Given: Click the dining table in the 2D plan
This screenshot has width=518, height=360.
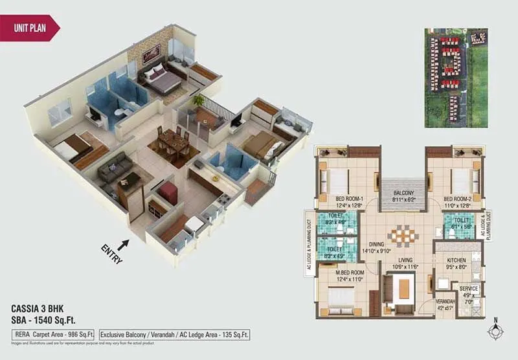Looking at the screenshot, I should pos(402,235).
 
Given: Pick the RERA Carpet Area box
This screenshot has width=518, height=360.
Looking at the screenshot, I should pos(54,335).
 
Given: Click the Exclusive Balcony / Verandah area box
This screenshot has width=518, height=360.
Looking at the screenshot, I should pos(175,335).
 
